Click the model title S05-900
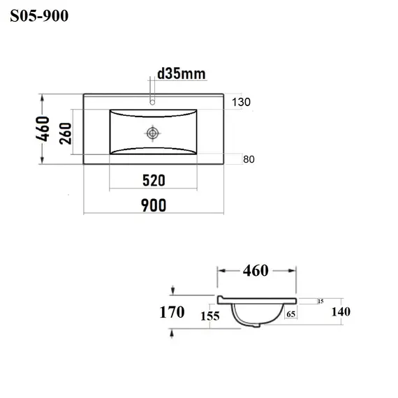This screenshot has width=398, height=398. (39, 16)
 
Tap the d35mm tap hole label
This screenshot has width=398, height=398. (182, 74)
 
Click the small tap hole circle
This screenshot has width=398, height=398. (152, 102)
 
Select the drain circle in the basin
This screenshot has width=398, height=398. (152, 133)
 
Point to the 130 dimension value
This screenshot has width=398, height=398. (241, 102)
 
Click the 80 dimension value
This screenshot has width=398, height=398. (249, 159)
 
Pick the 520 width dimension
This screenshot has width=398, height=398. (154, 180)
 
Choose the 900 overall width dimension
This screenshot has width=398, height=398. (154, 205)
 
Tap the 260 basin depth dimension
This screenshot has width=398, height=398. (66, 133)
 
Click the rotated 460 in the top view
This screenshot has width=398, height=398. (43, 128)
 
